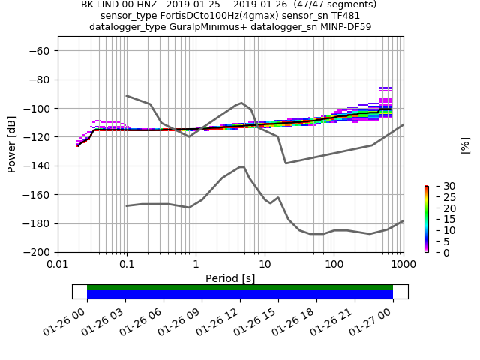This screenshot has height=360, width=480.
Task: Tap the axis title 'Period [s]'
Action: coord(230,278)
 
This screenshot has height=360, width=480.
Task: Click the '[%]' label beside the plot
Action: coord(465,145)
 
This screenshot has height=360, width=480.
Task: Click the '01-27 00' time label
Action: coord(376,320)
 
